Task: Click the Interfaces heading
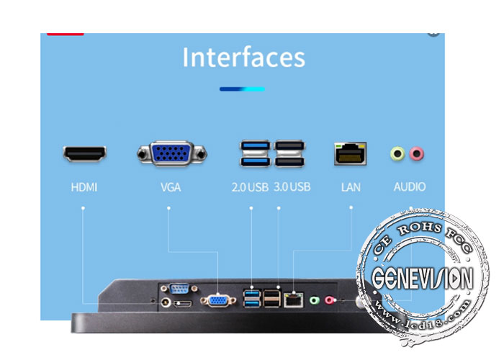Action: point(243,57)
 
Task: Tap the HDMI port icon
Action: point(84,153)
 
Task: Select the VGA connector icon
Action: point(171,153)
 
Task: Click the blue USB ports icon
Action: point(255,153)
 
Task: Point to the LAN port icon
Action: point(351,153)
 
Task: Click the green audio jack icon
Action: point(397,153)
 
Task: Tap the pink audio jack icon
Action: point(416,153)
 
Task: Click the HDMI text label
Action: point(84,187)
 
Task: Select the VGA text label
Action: point(171,187)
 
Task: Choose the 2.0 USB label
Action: point(249,187)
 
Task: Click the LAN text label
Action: point(351,187)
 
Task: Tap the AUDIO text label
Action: point(409,187)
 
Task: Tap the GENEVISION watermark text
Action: point(423,276)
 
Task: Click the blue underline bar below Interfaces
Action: point(242,89)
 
